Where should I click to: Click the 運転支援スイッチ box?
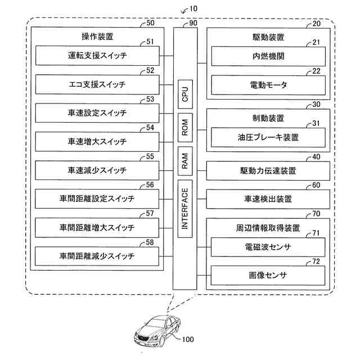97,56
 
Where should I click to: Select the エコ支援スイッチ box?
97,84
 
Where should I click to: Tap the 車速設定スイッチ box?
97,113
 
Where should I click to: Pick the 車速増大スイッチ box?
97,141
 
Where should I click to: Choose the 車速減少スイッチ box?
97,170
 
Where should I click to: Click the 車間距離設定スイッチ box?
97,199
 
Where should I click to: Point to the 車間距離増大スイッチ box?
97,227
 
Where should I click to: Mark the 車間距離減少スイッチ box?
97,256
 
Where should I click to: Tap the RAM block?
185,161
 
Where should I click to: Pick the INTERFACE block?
185,209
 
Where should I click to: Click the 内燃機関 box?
268,56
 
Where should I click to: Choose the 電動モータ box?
268,85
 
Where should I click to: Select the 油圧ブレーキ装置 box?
268,137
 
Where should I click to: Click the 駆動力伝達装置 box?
268,170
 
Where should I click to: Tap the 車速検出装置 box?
268,199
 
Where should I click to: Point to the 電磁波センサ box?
268,246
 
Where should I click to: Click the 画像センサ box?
268,275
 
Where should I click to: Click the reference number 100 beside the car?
187,340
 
